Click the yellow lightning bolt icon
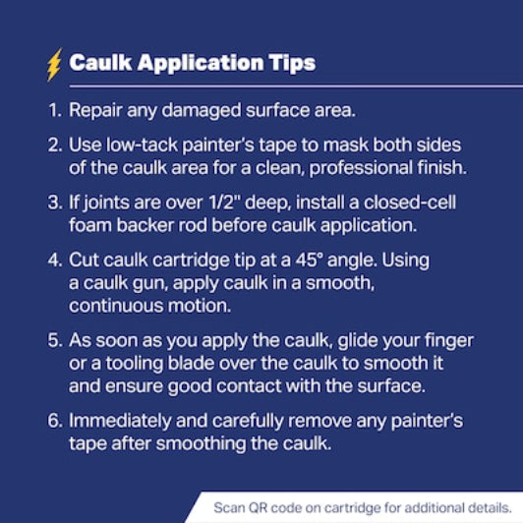pos(54,65)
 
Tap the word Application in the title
pos(201,63)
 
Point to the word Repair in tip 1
pos(95,111)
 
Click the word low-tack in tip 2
pos(142,145)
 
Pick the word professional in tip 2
pos(361,168)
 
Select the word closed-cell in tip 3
pos(410,203)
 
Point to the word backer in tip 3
pos(145,225)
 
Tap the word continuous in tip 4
pos(116,306)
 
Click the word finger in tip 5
pos(449,341)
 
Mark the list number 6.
pos(55,421)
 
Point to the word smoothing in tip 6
pos(201,444)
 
